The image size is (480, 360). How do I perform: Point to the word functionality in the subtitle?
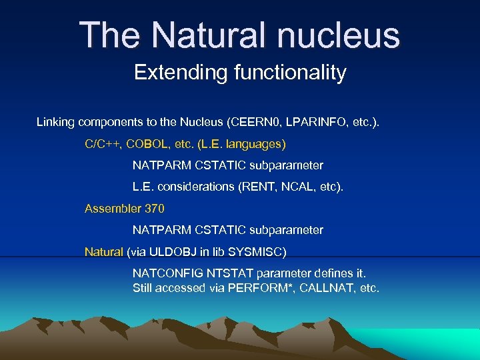290,72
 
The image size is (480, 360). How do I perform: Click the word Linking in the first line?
55,122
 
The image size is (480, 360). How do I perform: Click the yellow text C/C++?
102,143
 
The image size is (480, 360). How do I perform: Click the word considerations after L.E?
197,187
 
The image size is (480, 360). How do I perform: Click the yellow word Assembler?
112,209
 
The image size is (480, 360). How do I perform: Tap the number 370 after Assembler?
153,209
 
